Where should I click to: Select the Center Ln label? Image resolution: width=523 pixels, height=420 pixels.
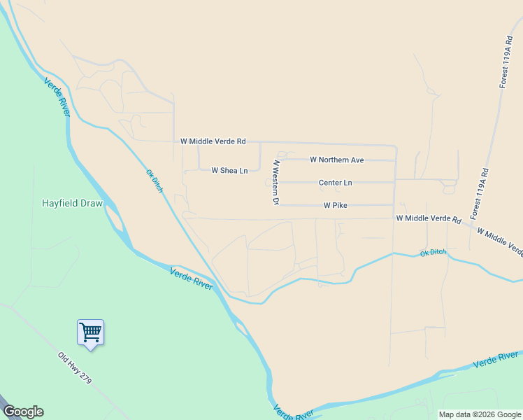(335, 183)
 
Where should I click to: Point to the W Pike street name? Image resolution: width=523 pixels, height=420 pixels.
(335, 206)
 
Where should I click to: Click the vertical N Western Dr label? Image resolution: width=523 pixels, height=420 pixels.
(276, 183)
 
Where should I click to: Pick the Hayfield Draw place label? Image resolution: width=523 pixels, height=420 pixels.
(72, 204)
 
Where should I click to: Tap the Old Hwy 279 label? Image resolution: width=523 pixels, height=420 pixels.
(75, 367)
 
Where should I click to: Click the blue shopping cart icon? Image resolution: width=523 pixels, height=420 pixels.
(90, 332)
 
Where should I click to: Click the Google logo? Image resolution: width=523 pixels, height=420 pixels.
(23, 412)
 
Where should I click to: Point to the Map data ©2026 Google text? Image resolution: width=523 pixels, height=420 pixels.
(480, 414)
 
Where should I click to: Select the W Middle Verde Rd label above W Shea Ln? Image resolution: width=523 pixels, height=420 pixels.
(213, 141)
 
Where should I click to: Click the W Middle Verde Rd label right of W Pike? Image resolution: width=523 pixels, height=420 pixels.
(429, 219)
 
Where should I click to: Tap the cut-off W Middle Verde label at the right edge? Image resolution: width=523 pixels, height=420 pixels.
(499, 241)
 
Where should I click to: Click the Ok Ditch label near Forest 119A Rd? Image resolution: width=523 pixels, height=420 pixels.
(433, 252)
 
